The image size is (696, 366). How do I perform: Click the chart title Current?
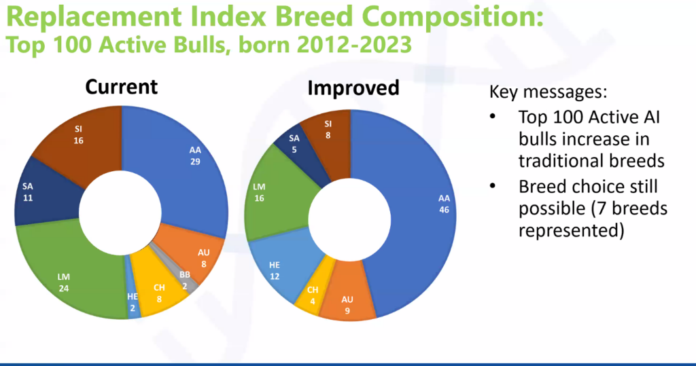pos(121,87)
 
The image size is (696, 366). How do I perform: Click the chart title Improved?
pos(353,88)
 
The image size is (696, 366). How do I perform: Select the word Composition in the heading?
pos(453,16)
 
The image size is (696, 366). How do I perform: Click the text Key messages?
pos(548,92)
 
